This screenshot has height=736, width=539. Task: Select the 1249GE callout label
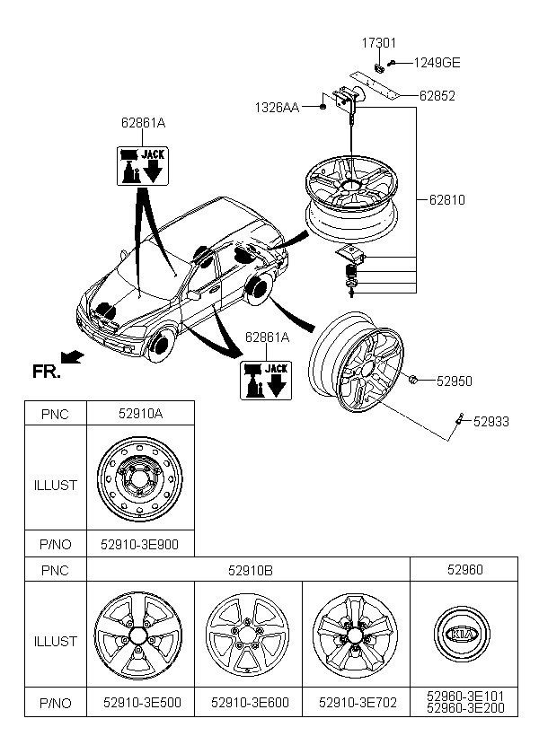(437, 63)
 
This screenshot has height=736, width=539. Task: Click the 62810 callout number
(447, 199)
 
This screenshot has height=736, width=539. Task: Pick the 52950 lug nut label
(455, 381)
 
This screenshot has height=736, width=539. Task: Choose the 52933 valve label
(491, 419)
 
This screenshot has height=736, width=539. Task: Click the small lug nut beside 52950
(412, 381)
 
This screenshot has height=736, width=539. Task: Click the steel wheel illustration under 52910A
(139, 478)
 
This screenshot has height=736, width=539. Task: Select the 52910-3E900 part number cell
(139, 543)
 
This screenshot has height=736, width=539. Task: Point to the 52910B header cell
(249, 568)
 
